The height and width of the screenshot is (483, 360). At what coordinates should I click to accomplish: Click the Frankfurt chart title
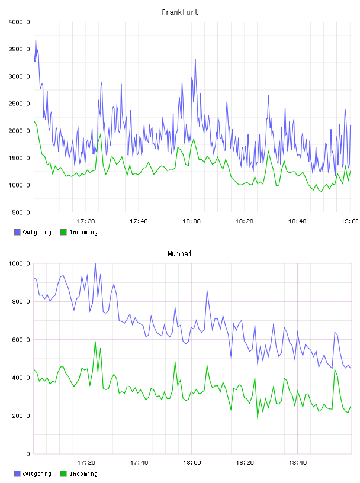coord(180,12)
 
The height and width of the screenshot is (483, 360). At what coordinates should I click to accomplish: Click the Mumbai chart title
coord(179,254)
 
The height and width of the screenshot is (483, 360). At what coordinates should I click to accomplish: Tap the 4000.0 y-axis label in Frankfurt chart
coord(20,22)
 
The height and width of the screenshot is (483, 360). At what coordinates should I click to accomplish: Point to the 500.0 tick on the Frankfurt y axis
coord(21,212)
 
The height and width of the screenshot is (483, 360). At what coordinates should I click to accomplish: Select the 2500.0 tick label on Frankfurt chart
coord(20,104)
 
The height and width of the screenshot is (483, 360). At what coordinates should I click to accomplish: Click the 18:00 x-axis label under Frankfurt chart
coord(191,221)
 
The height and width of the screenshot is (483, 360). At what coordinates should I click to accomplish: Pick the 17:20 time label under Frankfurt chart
coord(86,221)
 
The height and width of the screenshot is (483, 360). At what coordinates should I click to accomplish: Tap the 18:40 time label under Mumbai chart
coord(298,463)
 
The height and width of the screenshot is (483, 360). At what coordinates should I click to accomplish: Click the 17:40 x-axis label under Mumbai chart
coord(139,463)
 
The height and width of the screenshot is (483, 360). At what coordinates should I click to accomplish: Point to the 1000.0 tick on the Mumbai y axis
coord(20,263)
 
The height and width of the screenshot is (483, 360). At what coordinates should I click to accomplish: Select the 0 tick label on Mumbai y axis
coord(28,454)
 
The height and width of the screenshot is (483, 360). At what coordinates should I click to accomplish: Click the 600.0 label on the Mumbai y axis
coord(21,340)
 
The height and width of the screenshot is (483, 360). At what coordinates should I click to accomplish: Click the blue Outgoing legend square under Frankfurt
coord(17,232)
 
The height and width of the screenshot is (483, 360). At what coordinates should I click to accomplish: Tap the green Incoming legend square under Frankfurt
coord(63,232)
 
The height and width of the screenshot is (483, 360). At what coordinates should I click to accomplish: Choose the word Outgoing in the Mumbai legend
coord(37,474)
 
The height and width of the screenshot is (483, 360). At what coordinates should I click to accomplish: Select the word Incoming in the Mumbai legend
coord(83,474)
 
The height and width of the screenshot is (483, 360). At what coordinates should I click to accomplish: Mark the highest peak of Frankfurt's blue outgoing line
coord(36,40)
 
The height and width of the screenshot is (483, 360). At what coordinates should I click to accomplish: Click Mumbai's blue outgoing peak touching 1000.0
coord(95,264)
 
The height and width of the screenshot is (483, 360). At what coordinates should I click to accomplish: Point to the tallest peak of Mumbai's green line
coord(95,342)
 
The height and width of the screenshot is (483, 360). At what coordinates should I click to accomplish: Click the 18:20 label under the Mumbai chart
coord(245,463)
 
